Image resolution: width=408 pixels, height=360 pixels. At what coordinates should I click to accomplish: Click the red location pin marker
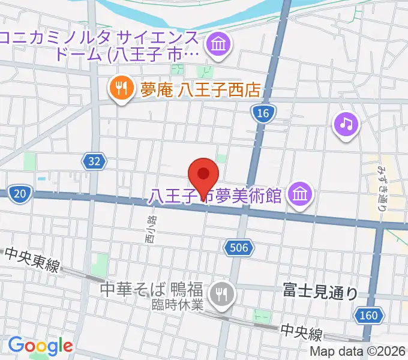point(203,174)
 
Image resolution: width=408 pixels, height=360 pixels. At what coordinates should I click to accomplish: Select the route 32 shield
point(94,161)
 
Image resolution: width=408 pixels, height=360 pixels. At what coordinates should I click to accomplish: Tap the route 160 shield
point(370,315)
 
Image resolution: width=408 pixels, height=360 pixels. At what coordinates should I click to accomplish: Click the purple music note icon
point(346,124)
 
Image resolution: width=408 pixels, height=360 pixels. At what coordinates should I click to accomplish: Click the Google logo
point(40,345)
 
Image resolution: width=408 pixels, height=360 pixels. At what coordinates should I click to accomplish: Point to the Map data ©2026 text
point(358,352)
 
